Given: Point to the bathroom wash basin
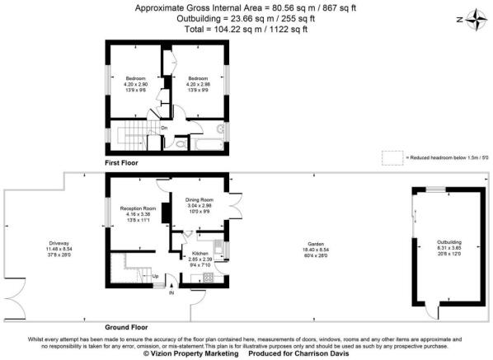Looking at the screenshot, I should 220,129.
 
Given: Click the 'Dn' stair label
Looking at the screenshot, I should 163,128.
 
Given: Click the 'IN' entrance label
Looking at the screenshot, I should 171,292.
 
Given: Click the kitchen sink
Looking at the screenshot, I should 215,248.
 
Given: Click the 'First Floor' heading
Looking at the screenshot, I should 121,164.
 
